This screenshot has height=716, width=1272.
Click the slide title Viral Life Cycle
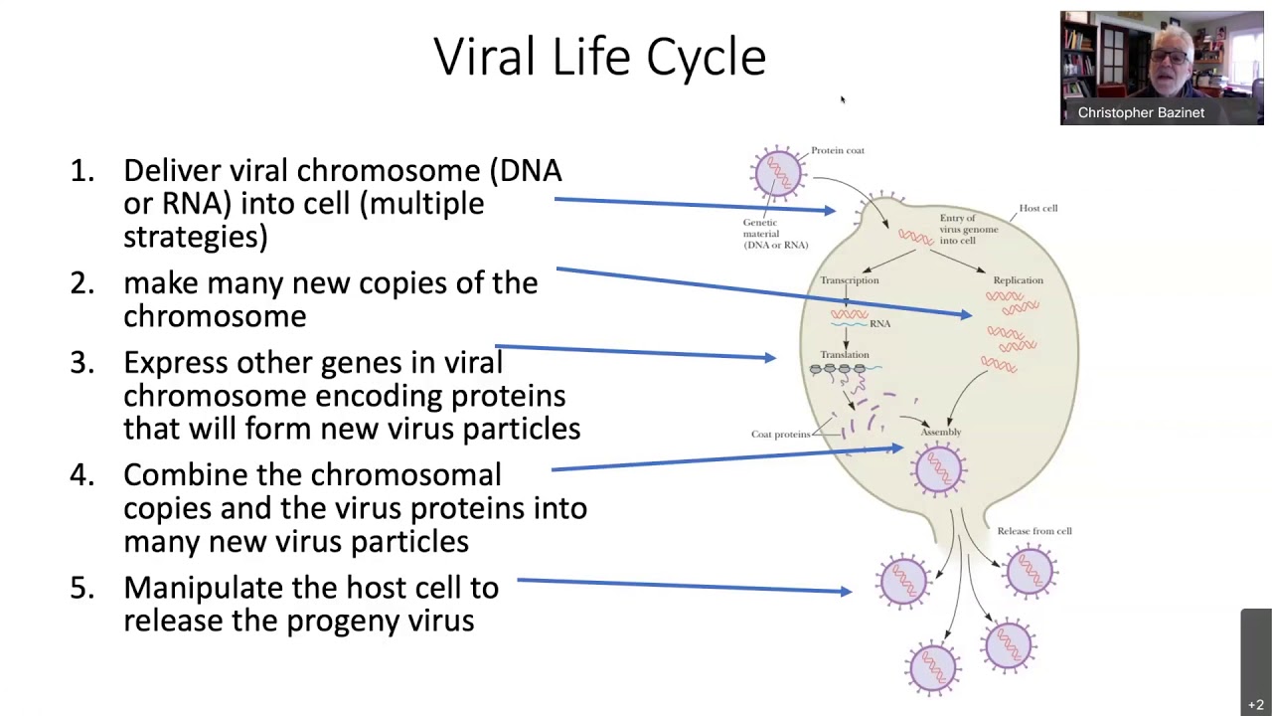click(599, 57)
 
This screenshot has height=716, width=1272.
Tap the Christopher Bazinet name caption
click(1141, 112)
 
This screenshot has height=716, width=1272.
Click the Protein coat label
click(838, 150)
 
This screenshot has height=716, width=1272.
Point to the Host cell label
click(1038, 208)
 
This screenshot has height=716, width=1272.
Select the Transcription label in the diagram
click(849, 280)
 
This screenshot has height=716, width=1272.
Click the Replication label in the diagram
click(1019, 280)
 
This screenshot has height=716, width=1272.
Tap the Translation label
click(845, 355)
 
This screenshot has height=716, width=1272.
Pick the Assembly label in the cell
click(941, 432)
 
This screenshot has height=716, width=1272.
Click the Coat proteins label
click(781, 435)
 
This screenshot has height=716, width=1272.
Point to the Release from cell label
click(1034, 531)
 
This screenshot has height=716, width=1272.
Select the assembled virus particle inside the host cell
click(938, 470)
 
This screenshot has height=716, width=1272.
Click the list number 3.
click(82, 363)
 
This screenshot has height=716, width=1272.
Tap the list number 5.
click(82, 588)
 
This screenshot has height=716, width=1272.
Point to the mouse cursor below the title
click(844, 100)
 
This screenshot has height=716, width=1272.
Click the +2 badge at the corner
click(1255, 705)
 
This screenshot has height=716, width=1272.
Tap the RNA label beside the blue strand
click(879, 324)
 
